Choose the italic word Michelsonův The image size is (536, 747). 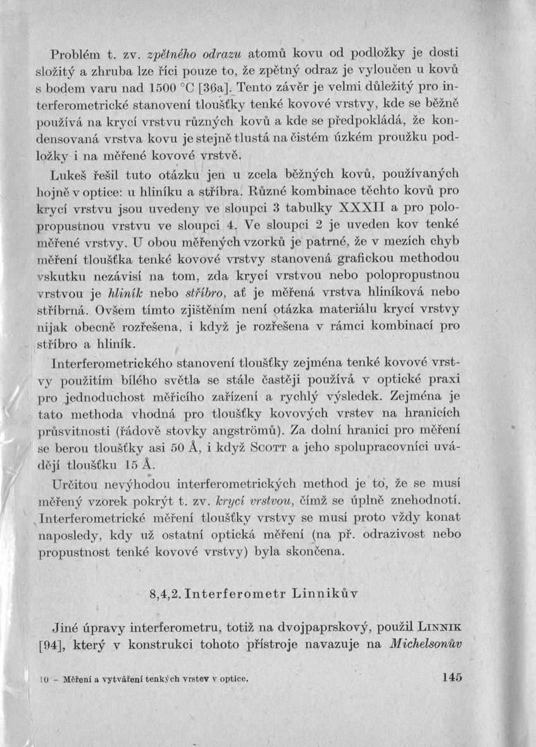point(428,646)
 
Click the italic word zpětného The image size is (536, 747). point(166,52)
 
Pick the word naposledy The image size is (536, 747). point(66,535)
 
